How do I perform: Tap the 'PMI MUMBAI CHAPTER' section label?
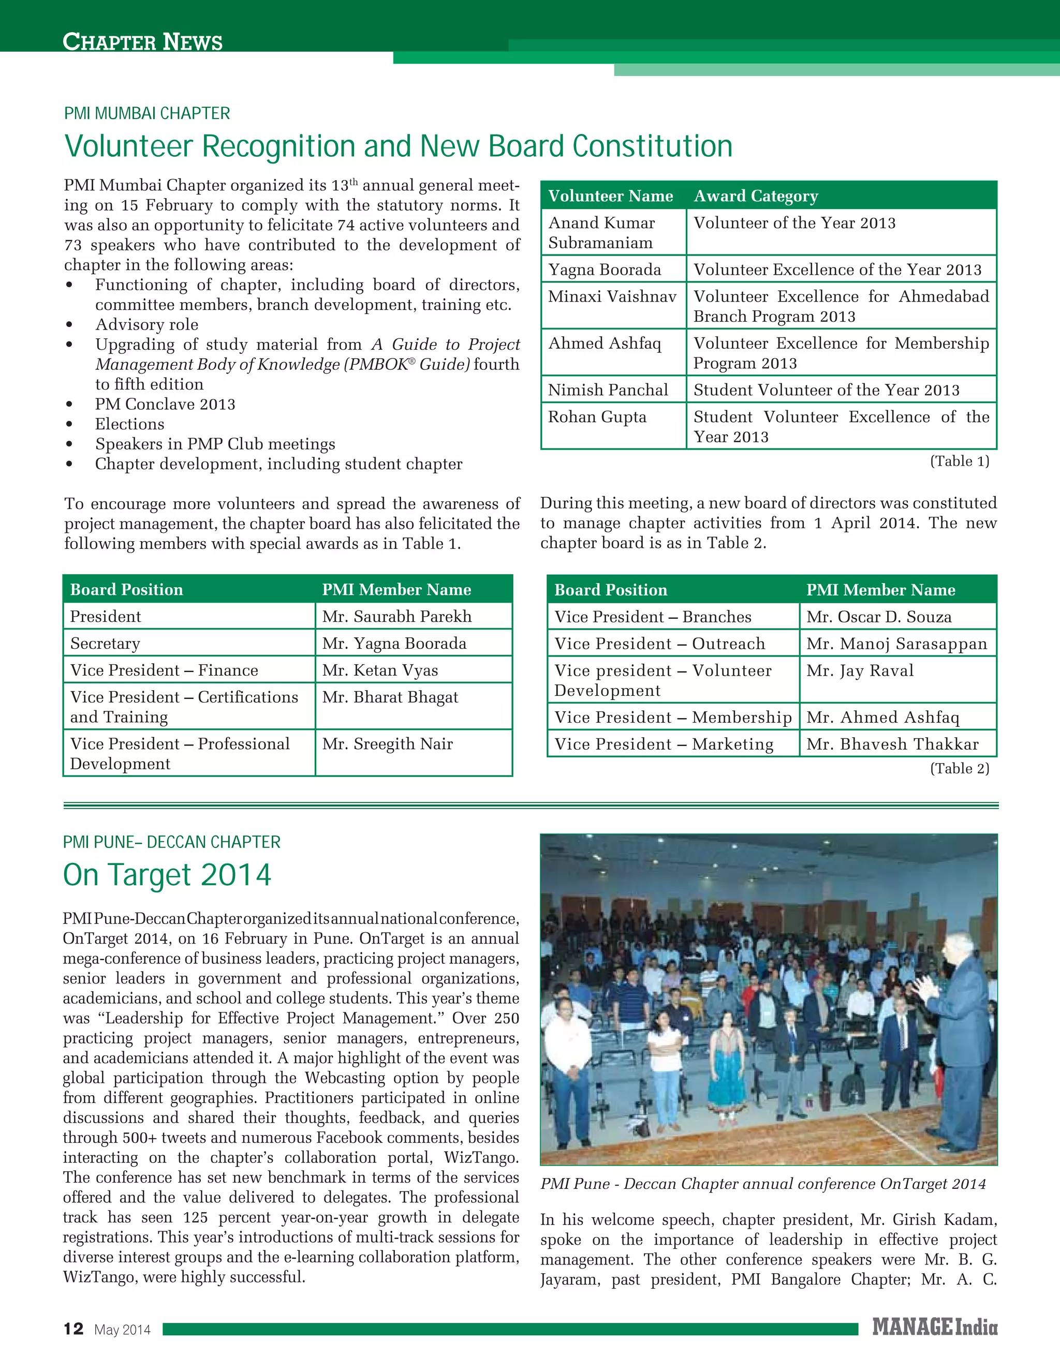pyautogui.click(x=147, y=114)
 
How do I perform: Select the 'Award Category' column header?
pyautogui.click(x=756, y=196)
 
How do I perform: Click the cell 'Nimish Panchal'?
pyautogui.click(x=607, y=390)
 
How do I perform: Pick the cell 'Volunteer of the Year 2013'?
pyautogui.click(x=794, y=223)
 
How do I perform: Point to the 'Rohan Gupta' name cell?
pyautogui.click(x=597, y=418)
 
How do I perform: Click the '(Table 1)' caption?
pyautogui.click(x=959, y=461)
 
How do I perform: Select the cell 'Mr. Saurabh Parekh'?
pyautogui.click(x=396, y=617)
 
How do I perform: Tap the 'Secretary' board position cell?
pyautogui.click(x=106, y=644)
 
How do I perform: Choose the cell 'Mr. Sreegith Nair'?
pyautogui.click(x=388, y=744)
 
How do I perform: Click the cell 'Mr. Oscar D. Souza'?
pyautogui.click(x=878, y=617)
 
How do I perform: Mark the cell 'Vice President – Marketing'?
pyautogui.click(x=663, y=744)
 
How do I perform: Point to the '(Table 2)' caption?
pyautogui.click(x=959, y=768)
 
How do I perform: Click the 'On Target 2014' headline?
pyautogui.click(x=167, y=874)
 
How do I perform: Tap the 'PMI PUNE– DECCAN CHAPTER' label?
pyautogui.click(x=171, y=842)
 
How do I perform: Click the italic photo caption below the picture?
pyautogui.click(x=762, y=1184)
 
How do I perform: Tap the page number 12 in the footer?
pyautogui.click(x=73, y=1329)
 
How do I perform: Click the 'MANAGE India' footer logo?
pyautogui.click(x=934, y=1328)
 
